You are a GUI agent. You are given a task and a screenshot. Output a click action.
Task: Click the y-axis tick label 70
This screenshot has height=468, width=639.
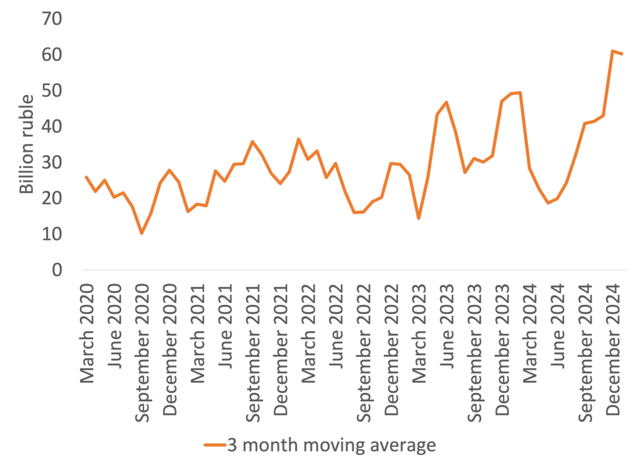click(x=53, y=19)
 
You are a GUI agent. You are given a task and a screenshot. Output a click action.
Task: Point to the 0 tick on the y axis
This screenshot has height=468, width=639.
click(x=58, y=271)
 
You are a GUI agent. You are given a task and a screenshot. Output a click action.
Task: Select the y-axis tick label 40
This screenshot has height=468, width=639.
click(x=53, y=127)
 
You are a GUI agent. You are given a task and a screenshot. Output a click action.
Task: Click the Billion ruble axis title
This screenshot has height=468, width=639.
click(x=27, y=144)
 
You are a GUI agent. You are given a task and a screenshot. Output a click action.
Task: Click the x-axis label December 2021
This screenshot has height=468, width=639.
click(x=281, y=347)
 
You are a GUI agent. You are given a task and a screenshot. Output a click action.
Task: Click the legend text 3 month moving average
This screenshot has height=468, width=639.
click(x=330, y=446)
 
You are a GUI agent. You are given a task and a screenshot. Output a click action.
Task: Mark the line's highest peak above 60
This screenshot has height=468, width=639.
click(x=613, y=51)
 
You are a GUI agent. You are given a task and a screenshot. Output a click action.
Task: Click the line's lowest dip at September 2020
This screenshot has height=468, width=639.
click(x=142, y=233)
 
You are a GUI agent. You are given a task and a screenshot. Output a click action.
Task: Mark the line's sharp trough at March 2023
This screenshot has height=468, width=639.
click(x=419, y=219)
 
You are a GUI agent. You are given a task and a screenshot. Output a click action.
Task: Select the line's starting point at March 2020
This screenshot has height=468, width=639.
click(x=86, y=177)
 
